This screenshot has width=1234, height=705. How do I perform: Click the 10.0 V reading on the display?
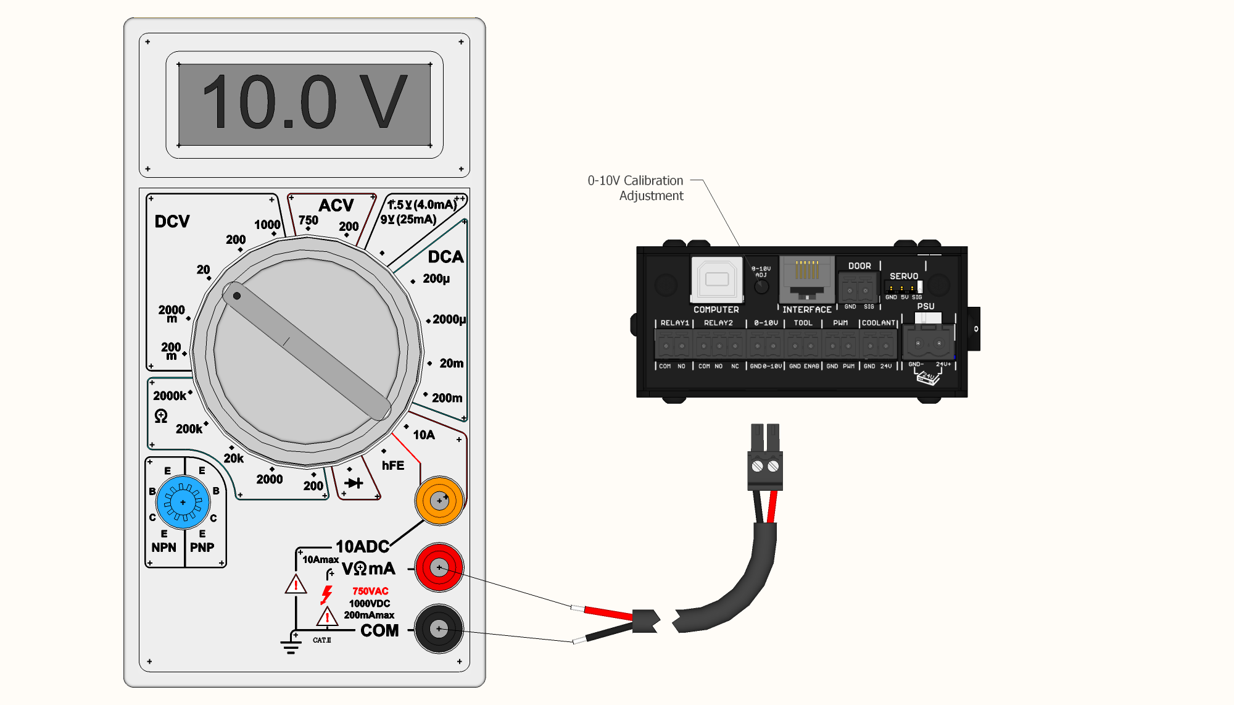pos(305,102)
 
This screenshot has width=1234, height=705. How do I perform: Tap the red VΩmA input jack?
pos(439,567)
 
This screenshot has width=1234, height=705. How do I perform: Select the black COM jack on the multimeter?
pos(439,628)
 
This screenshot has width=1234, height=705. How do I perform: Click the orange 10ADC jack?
pos(439,501)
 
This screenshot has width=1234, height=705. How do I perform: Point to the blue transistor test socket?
pos(183,502)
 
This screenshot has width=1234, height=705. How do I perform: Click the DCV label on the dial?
pos(172,222)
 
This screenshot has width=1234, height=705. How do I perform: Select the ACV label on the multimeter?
pos(336,206)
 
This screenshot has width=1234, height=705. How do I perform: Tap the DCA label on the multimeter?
pos(445,257)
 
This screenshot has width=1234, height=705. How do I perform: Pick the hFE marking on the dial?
pos(393,465)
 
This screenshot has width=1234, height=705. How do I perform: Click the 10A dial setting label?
pos(424,435)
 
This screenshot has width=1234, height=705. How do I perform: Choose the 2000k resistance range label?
pos(170,396)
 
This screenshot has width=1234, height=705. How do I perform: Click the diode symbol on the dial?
pos(354,483)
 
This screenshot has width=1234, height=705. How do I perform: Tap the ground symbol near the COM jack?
pos(291,646)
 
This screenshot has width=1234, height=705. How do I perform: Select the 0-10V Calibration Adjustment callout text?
pos(636,188)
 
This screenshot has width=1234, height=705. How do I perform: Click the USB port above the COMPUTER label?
pos(717,279)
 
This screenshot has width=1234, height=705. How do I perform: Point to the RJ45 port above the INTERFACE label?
pos(807,278)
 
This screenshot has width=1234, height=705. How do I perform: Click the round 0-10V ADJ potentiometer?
pos(762,286)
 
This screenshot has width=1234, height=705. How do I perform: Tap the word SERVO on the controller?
pos(904,276)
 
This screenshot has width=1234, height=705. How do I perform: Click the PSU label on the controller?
pos(925,306)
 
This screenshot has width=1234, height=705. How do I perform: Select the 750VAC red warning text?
pos(370,591)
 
